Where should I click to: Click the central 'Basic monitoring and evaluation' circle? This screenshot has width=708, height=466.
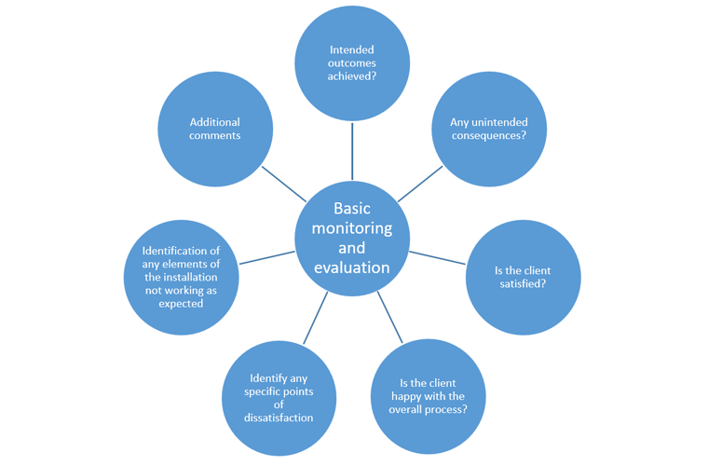coord(352,238)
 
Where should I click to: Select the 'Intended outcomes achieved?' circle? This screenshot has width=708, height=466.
coord(352,63)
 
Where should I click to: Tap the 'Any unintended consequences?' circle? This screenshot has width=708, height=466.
coord(489,129)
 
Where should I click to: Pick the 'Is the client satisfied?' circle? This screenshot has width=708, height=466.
coord(523,277)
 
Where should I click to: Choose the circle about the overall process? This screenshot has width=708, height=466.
coord(429,396)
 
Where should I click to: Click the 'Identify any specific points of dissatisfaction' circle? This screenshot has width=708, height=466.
coord(280,398)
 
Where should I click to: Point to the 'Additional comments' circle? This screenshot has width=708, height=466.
coord(215,129)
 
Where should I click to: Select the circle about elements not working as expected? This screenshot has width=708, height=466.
coord(181,277)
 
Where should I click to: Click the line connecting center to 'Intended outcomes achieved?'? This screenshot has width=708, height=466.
coord(352,151)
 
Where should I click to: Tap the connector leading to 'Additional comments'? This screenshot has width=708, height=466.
coord(283,184)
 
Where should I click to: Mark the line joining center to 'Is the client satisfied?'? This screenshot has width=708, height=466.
coord(436,257)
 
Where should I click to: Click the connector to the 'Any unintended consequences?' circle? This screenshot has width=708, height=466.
coord(420,184)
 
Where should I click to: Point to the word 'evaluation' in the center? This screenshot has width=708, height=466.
coord(352,268)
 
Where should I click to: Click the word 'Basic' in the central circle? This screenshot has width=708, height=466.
coord(352,208)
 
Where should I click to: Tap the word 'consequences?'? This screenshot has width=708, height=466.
coord(489,135)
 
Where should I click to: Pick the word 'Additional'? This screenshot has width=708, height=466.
coord(215,122)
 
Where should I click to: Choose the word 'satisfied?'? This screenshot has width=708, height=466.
coord(523,283)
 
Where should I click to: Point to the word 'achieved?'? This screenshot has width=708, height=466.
coord(352,76)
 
